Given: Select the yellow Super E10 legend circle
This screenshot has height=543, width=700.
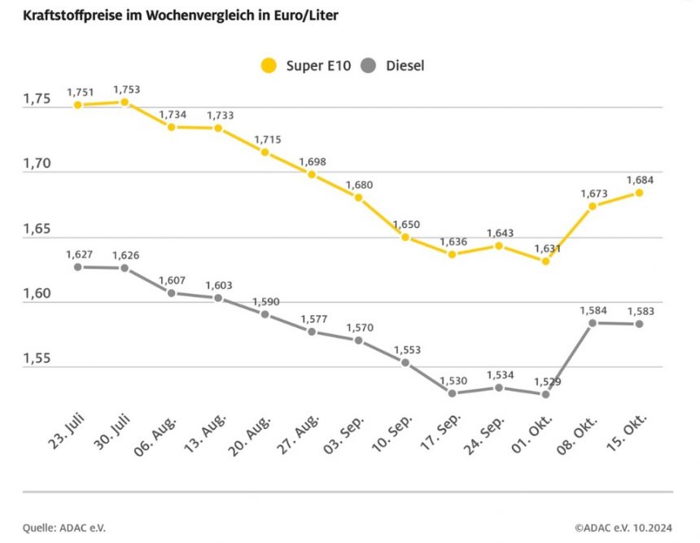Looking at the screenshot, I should (x=267, y=66).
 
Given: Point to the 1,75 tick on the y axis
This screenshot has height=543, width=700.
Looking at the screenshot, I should (x=37, y=99).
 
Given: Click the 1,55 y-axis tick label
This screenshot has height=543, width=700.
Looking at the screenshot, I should (x=37, y=358).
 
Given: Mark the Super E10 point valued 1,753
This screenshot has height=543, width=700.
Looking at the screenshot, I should (x=125, y=102).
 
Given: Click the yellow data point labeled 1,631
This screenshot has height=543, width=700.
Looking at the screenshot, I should (x=545, y=261).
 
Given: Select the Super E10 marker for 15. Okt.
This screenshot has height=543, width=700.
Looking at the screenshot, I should (x=639, y=193).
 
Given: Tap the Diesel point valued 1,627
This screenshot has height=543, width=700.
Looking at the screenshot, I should (x=77, y=266).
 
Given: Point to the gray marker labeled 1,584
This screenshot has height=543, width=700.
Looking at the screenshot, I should (x=593, y=323).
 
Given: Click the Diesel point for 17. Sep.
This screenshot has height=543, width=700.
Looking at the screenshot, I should (x=452, y=393).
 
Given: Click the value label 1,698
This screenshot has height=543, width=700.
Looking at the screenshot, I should (x=313, y=161).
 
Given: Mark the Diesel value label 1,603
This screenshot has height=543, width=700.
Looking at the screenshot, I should (x=220, y=285).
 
